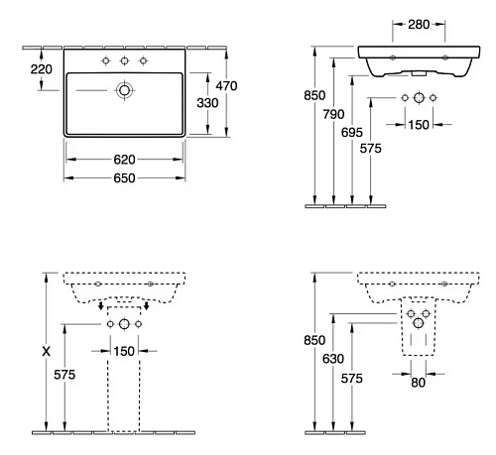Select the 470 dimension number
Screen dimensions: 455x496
pyautogui.click(x=227, y=87)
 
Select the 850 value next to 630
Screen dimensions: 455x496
pyautogui.click(x=316, y=339)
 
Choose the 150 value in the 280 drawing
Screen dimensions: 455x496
pyautogui.click(x=420, y=124)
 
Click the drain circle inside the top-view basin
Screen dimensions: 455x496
pyautogui.click(x=124, y=90)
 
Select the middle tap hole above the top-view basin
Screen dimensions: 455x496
pyautogui.click(x=124, y=61)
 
